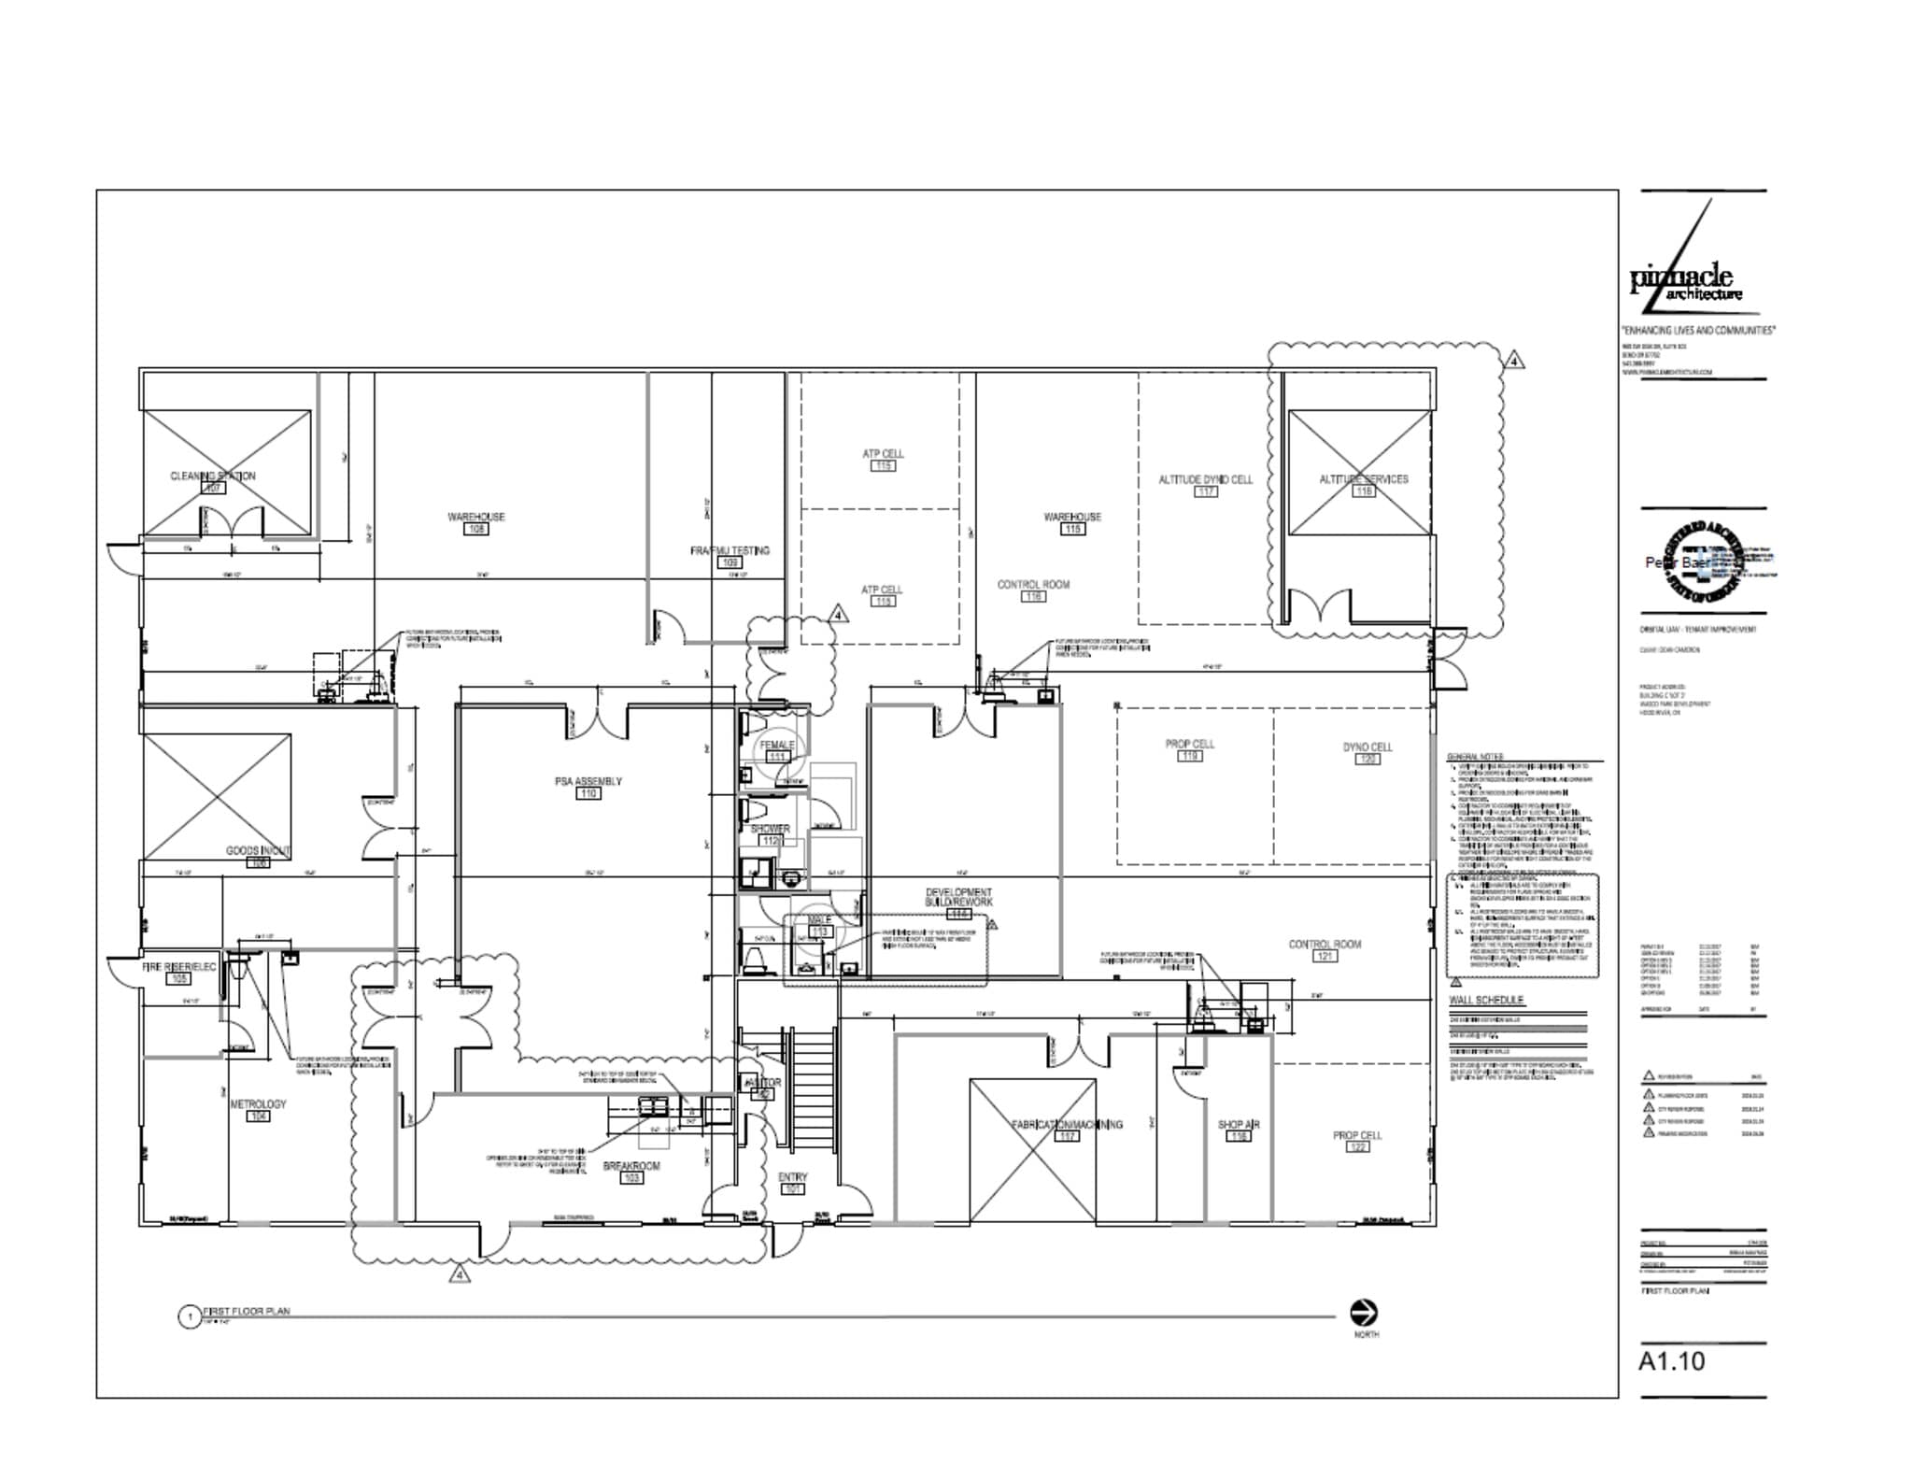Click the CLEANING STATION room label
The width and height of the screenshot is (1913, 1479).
click(x=213, y=476)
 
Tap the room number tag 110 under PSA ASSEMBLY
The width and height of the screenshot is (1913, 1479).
click(x=588, y=793)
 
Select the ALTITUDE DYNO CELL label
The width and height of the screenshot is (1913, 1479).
click(x=1205, y=479)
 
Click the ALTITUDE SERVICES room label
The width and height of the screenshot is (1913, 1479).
click(x=1363, y=479)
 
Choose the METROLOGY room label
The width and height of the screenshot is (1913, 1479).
click(x=258, y=1104)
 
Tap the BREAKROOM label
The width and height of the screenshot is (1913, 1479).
click(x=631, y=1166)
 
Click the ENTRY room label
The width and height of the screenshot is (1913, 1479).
click(x=792, y=1177)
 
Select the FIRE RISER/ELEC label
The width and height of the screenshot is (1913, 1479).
click(x=178, y=967)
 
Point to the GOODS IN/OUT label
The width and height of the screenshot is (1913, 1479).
click(x=258, y=851)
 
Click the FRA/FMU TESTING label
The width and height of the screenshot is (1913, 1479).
click(x=730, y=550)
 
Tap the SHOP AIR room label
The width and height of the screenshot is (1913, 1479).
click(x=1239, y=1125)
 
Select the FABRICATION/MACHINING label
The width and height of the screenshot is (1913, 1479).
click(x=1067, y=1125)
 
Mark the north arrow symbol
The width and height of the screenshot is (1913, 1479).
click(x=1365, y=1312)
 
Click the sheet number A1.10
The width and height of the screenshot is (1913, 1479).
click(x=1671, y=1361)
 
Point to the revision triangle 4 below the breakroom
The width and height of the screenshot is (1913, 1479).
click(x=458, y=1274)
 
